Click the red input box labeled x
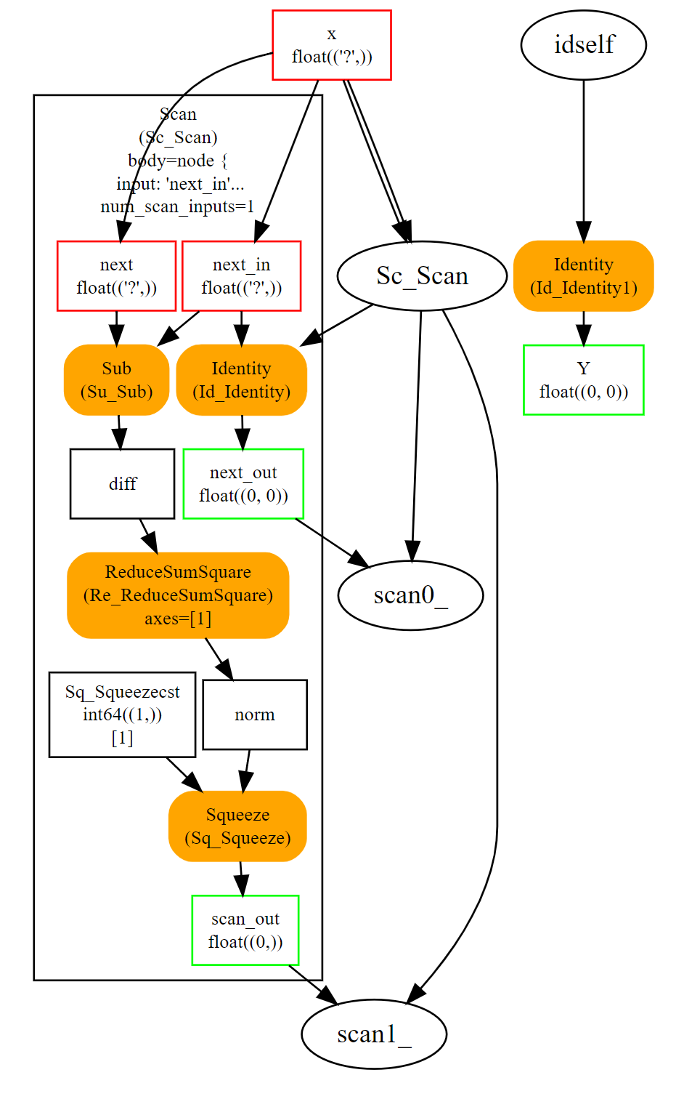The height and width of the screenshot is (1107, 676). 332,45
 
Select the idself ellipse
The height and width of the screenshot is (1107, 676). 583,45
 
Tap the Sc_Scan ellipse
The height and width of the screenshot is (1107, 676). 422,276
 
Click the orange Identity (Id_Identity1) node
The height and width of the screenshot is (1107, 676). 583,276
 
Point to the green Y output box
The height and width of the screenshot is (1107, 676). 583,380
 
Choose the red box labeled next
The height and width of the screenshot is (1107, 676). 116,276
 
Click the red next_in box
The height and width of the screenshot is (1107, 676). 241,276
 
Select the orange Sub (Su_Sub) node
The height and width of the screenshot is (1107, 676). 116,380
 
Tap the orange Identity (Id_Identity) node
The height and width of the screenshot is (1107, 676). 241,380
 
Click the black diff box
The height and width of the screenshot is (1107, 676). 122,484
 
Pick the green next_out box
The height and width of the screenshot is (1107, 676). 243,484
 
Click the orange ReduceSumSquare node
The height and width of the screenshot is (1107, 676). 178,595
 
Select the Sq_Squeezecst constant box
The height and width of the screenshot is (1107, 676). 122,714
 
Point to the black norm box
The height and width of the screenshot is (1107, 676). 255,714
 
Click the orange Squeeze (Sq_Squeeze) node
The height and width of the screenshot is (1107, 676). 237,826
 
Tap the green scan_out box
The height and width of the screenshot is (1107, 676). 245,930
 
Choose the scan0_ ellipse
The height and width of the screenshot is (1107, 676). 410,595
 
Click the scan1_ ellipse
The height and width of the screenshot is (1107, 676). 374,1034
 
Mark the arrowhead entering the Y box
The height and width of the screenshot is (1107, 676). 583,336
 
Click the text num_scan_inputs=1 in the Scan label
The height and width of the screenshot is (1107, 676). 178,207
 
